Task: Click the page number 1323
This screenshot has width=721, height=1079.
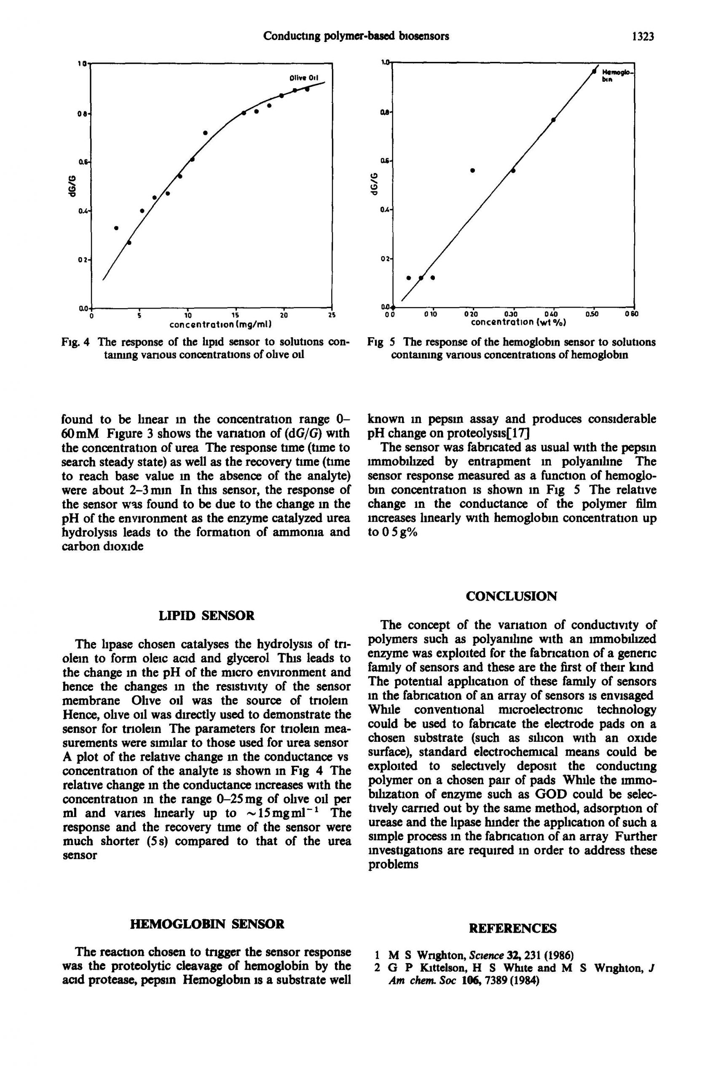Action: [x=642, y=36]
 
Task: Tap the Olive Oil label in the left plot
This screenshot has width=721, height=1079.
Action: [x=303, y=77]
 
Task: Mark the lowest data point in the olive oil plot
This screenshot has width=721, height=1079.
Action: [x=129, y=243]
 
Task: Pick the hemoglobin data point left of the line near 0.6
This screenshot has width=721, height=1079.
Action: [x=473, y=171]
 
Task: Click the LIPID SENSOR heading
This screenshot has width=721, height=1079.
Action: [x=206, y=615]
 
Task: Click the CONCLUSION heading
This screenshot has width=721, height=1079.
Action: [x=511, y=596]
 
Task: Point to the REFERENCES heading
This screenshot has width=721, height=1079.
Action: [x=512, y=928]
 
